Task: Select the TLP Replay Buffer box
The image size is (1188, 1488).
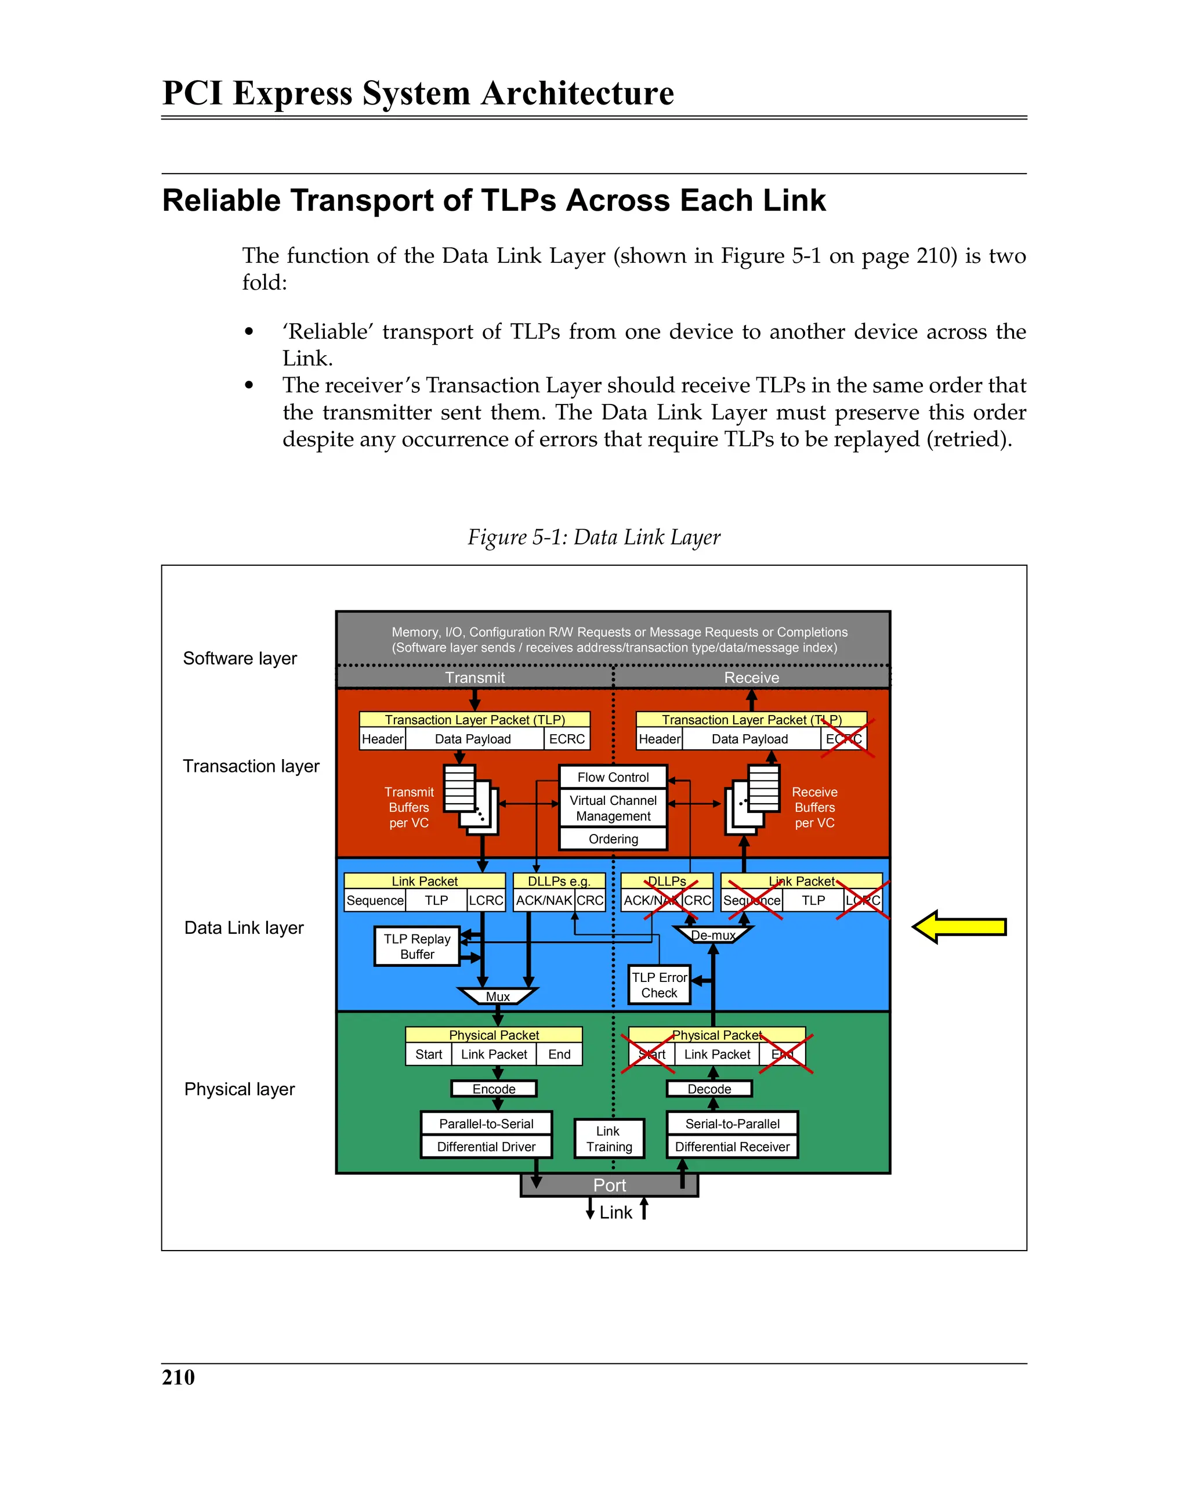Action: (416, 946)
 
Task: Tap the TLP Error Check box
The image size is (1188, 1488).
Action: (659, 985)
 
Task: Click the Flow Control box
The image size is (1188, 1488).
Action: (613, 777)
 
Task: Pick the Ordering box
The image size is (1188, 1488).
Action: (613, 839)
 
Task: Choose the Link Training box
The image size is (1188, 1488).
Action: (609, 1139)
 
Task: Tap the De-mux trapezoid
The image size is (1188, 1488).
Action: (713, 935)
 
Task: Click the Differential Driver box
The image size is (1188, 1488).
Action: (486, 1146)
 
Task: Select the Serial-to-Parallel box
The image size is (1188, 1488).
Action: (732, 1124)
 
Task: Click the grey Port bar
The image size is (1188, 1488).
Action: (609, 1185)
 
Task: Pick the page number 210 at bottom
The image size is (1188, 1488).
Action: (178, 1377)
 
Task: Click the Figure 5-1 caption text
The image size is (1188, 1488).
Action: (593, 537)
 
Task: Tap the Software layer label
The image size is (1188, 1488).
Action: (240, 659)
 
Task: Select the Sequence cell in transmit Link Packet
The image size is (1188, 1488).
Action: (375, 901)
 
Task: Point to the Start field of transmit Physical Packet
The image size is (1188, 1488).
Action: (429, 1054)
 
